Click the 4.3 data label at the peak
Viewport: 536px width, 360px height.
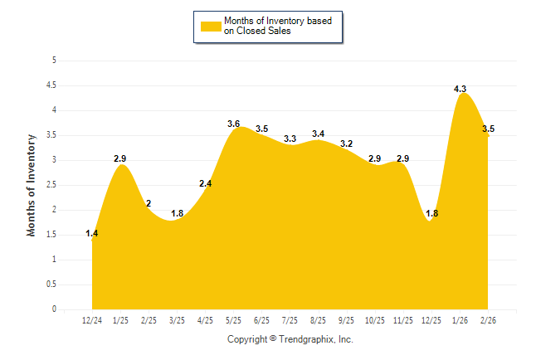coord(460,89)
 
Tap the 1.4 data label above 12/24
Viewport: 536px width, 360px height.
coord(92,234)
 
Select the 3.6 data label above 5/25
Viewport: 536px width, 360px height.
coord(233,124)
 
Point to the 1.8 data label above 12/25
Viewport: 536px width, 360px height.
coord(431,214)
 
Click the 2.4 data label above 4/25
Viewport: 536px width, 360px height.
coord(206,183)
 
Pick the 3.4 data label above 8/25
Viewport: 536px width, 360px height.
coord(319,134)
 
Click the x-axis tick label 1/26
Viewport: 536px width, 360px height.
coord(460,319)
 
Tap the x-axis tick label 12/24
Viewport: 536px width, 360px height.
coord(92,319)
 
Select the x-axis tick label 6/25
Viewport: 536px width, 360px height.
coord(261,319)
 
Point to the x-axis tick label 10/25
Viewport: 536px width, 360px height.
coord(375,319)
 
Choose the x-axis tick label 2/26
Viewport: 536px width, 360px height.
coord(488,319)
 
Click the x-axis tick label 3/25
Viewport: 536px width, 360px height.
coord(177,319)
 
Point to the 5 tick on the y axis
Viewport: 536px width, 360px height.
coord(54,60)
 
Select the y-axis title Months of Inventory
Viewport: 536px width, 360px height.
coord(32,185)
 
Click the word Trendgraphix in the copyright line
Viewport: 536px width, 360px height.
coord(306,339)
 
